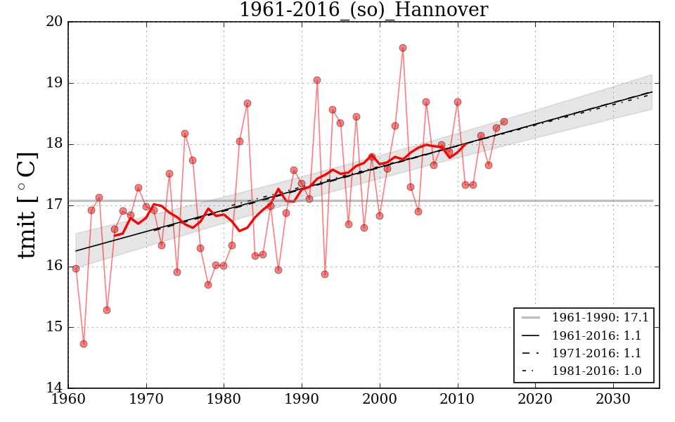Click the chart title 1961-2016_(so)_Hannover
363,10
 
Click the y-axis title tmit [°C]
26,205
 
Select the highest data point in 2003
403,48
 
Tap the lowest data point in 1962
84,344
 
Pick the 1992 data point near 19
317,80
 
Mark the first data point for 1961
76,269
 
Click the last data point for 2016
504,122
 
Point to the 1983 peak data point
247,103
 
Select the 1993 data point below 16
325,274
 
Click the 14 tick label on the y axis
56,388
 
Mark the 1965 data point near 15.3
107,310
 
